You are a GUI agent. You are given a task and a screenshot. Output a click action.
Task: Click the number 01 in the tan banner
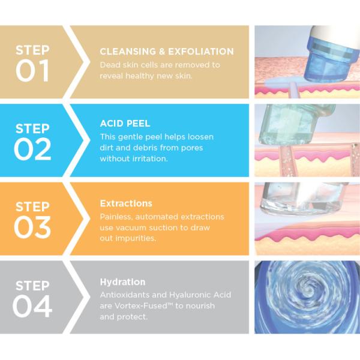tap(32, 70)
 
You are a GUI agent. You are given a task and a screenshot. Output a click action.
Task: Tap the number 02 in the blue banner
tap(32, 149)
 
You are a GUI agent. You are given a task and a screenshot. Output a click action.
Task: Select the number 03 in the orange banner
tap(32, 228)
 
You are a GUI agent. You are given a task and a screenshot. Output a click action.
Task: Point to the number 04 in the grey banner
tap(32, 306)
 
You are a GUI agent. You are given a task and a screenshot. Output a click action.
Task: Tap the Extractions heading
tap(126, 203)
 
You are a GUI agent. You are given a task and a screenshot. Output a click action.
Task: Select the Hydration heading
tap(122, 281)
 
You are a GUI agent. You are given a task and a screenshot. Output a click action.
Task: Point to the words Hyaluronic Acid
tap(201, 295)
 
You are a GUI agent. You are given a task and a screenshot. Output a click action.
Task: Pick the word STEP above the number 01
tap(32, 49)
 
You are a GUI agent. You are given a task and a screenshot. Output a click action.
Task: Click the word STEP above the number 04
tap(32, 285)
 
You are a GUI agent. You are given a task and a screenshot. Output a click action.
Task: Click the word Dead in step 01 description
tap(111, 65)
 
